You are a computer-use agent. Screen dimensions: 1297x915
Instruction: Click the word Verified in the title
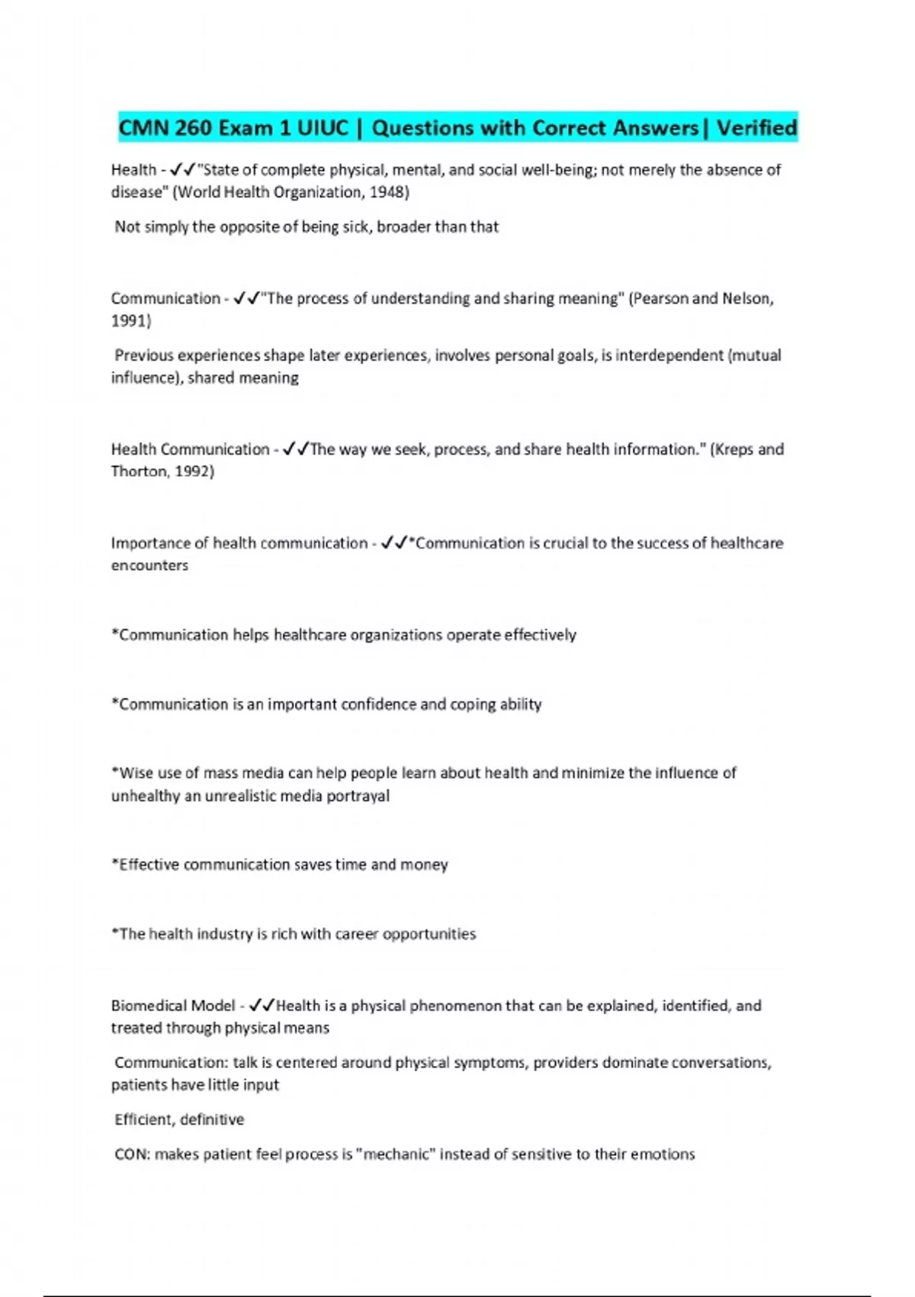click(x=756, y=127)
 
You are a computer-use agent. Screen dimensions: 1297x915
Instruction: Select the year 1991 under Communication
click(x=130, y=320)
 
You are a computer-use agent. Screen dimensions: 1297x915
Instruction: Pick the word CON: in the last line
click(x=132, y=1154)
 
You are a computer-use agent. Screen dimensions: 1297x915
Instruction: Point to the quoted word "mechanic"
click(x=396, y=1154)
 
